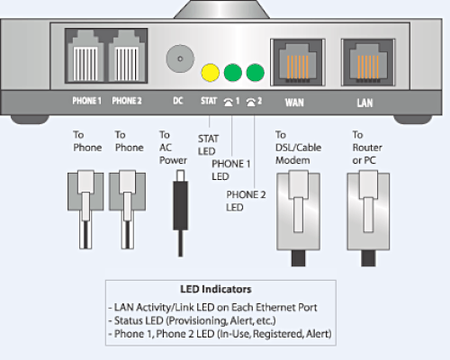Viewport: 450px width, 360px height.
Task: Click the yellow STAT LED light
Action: click(x=211, y=73)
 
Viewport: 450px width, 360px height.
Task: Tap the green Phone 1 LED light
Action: click(x=233, y=73)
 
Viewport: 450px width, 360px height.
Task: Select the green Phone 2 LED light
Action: click(x=256, y=73)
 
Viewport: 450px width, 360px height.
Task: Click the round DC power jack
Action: click(x=180, y=58)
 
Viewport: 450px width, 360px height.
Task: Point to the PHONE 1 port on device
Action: click(x=85, y=57)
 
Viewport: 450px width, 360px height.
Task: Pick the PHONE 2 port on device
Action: click(x=127, y=57)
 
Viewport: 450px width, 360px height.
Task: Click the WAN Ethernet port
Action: click(x=298, y=62)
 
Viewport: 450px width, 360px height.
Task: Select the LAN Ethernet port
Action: click(x=368, y=62)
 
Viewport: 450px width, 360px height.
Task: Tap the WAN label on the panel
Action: click(x=294, y=103)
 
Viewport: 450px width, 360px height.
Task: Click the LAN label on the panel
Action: click(x=364, y=103)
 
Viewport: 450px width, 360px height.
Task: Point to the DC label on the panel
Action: click(x=178, y=101)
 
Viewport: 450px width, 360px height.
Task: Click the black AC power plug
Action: click(x=180, y=213)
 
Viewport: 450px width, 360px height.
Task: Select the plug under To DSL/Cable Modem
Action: click(x=298, y=218)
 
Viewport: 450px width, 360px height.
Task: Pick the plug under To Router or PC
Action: click(x=368, y=218)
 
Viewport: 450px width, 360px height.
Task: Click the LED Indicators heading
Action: click(x=216, y=289)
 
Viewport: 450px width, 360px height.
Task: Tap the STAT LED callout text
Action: click(x=208, y=145)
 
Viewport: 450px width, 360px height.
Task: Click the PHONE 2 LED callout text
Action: click(x=246, y=201)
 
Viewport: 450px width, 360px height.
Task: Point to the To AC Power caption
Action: click(x=173, y=148)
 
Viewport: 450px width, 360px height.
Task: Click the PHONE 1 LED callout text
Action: click(x=231, y=170)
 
